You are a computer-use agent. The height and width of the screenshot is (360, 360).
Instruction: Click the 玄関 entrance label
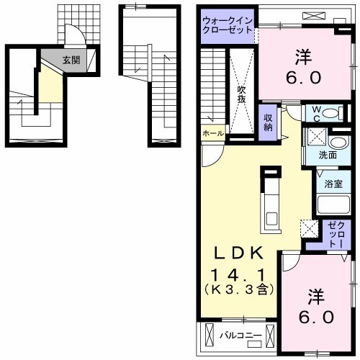[71, 60]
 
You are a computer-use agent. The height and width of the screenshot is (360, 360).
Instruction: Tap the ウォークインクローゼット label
[228, 25]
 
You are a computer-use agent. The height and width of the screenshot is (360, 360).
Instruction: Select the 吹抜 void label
[241, 94]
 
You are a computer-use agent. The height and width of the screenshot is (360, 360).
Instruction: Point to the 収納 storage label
[268, 122]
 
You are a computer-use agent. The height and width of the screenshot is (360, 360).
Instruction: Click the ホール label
[213, 133]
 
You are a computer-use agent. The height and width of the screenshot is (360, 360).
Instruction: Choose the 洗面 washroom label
[328, 156]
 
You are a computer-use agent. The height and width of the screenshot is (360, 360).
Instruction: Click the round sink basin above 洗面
[337, 143]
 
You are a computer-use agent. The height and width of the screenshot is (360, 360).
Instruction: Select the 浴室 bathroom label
[333, 184]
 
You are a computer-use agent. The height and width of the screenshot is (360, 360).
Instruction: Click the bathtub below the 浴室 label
[333, 205]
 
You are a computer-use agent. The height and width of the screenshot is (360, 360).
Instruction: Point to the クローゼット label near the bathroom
[337, 235]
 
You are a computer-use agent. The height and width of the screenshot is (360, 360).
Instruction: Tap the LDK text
[238, 253]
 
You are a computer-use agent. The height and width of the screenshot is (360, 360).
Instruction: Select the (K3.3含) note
[238, 290]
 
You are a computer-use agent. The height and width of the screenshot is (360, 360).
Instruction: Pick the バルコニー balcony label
[240, 336]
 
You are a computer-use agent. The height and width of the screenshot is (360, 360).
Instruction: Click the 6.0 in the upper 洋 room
[303, 78]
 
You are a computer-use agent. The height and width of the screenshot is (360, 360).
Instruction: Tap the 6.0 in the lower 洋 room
[316, 317]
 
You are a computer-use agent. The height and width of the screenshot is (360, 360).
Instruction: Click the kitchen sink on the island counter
[271, 219]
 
